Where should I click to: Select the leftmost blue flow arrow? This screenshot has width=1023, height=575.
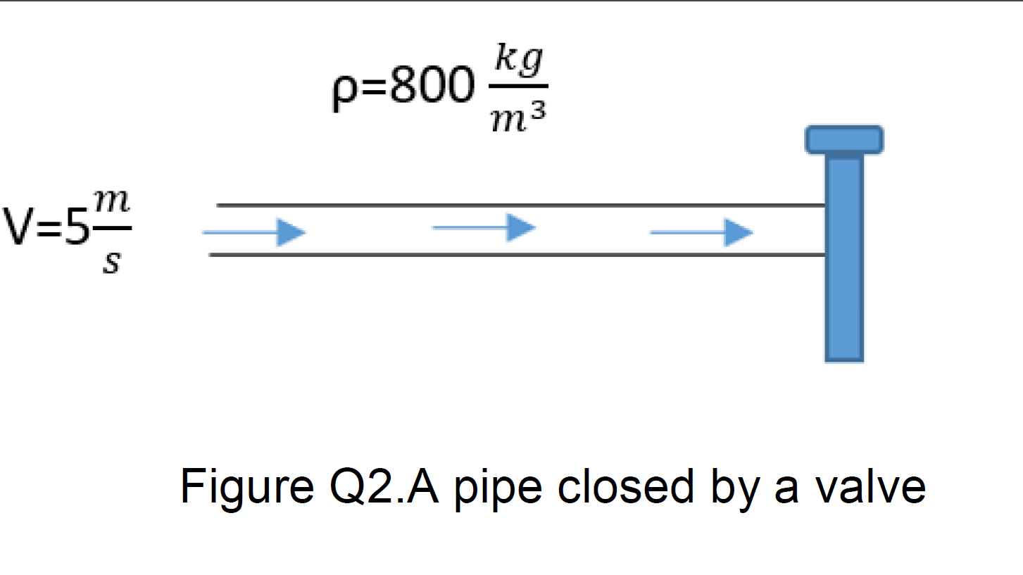point(254,232)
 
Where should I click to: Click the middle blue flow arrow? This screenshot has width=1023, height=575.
point(484,227)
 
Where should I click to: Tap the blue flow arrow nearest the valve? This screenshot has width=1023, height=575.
point(701,232)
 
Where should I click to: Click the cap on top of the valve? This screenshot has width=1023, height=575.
point(844,139)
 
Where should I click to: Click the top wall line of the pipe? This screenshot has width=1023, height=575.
point(521,206)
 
